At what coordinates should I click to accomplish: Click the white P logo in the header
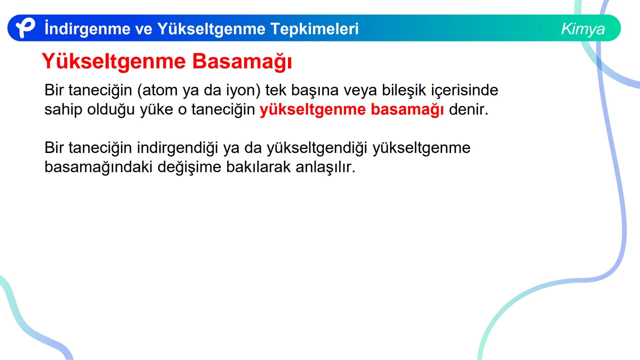click(x=25, y=28)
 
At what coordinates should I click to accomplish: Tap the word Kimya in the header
click(x=583, y=29)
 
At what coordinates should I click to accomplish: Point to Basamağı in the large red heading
click(x=242, y=62)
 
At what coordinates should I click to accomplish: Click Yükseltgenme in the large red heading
click(x=114, y=62)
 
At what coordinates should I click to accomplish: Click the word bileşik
click(x=404, y=90)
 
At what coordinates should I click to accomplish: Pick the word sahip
click(x=63, y=109)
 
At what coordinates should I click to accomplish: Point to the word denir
click(x=468, y=109)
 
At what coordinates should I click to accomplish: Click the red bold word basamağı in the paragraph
click(x=407, y=109)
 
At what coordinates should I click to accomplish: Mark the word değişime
click(x=189, y=167)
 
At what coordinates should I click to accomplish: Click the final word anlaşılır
click(x=325, y=167)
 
